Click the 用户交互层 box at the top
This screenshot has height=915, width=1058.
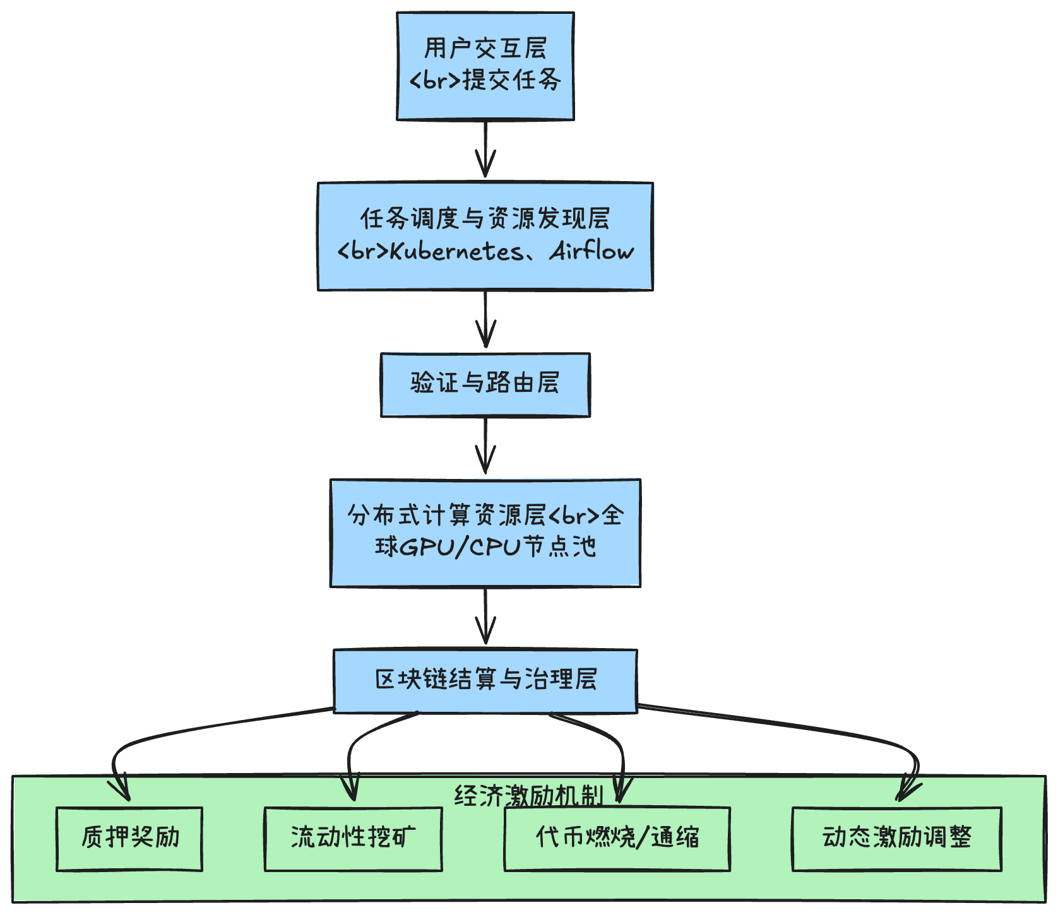(485, 66)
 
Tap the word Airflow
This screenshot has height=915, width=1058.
(591, 251)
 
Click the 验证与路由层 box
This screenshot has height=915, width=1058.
(485, 385)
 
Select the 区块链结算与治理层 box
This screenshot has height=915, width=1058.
(485, 681)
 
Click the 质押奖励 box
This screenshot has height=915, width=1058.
(129, 839)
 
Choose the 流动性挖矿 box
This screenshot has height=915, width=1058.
(354, 839)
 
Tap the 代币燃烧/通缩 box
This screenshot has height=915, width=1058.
(617, 839)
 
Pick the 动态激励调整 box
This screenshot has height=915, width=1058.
(897, 839)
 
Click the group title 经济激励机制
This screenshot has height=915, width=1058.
(529, 796)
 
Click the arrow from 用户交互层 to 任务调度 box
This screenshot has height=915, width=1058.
(485, 149)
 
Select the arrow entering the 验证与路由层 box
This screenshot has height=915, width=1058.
(485, 319)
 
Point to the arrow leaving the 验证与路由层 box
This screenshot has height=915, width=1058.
(485, 446)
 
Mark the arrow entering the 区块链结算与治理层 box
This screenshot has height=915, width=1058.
(485, 616)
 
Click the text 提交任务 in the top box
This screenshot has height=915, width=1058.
(512, 80)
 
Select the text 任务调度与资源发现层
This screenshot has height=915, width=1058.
(485, 218)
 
